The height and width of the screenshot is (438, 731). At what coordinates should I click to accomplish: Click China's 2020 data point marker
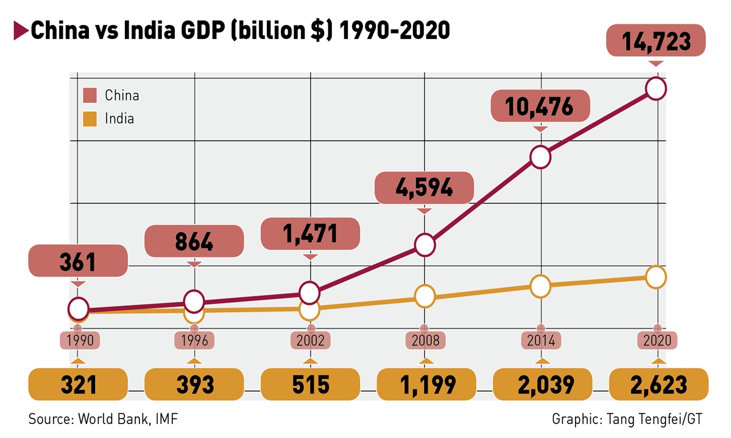point(656,89)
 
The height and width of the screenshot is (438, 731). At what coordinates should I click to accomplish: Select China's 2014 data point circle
point(541,157)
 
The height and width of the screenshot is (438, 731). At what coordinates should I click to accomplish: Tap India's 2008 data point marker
point(425,296)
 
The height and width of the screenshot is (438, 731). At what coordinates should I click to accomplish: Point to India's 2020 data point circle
point(656,277)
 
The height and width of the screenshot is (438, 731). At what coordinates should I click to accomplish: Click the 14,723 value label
point(656,42)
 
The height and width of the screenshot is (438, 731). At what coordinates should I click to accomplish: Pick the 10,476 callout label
point(540,107)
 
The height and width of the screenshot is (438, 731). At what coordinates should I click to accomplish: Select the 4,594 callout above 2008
point(425,187)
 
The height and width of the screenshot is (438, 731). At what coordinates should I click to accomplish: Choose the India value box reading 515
point(310,384)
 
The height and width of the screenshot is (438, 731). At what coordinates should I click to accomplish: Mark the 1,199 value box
point(426,384)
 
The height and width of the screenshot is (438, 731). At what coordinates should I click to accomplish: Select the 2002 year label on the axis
point(310,341)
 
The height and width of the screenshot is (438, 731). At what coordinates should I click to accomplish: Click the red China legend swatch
point(90,96)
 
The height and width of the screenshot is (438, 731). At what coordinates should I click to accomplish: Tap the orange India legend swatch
point(90,118)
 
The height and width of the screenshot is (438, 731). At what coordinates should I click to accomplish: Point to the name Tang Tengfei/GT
point(658,419)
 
